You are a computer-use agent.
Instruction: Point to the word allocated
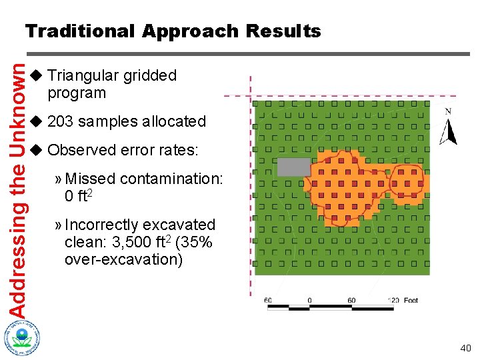point(173,121)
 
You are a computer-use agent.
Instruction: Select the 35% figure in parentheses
point(195,242)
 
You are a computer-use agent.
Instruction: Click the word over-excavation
point(123,259)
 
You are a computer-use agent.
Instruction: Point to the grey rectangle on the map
point(294,167)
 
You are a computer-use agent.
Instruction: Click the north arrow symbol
point(449,132)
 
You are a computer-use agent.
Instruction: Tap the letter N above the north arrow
point(448,111)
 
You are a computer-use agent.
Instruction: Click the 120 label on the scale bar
point(393,301)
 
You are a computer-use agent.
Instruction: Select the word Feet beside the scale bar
point(411,301)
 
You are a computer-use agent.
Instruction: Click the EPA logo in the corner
point(21,337)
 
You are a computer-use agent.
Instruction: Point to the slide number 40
point(465,348)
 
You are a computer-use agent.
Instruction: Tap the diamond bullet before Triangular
point(37,75)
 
